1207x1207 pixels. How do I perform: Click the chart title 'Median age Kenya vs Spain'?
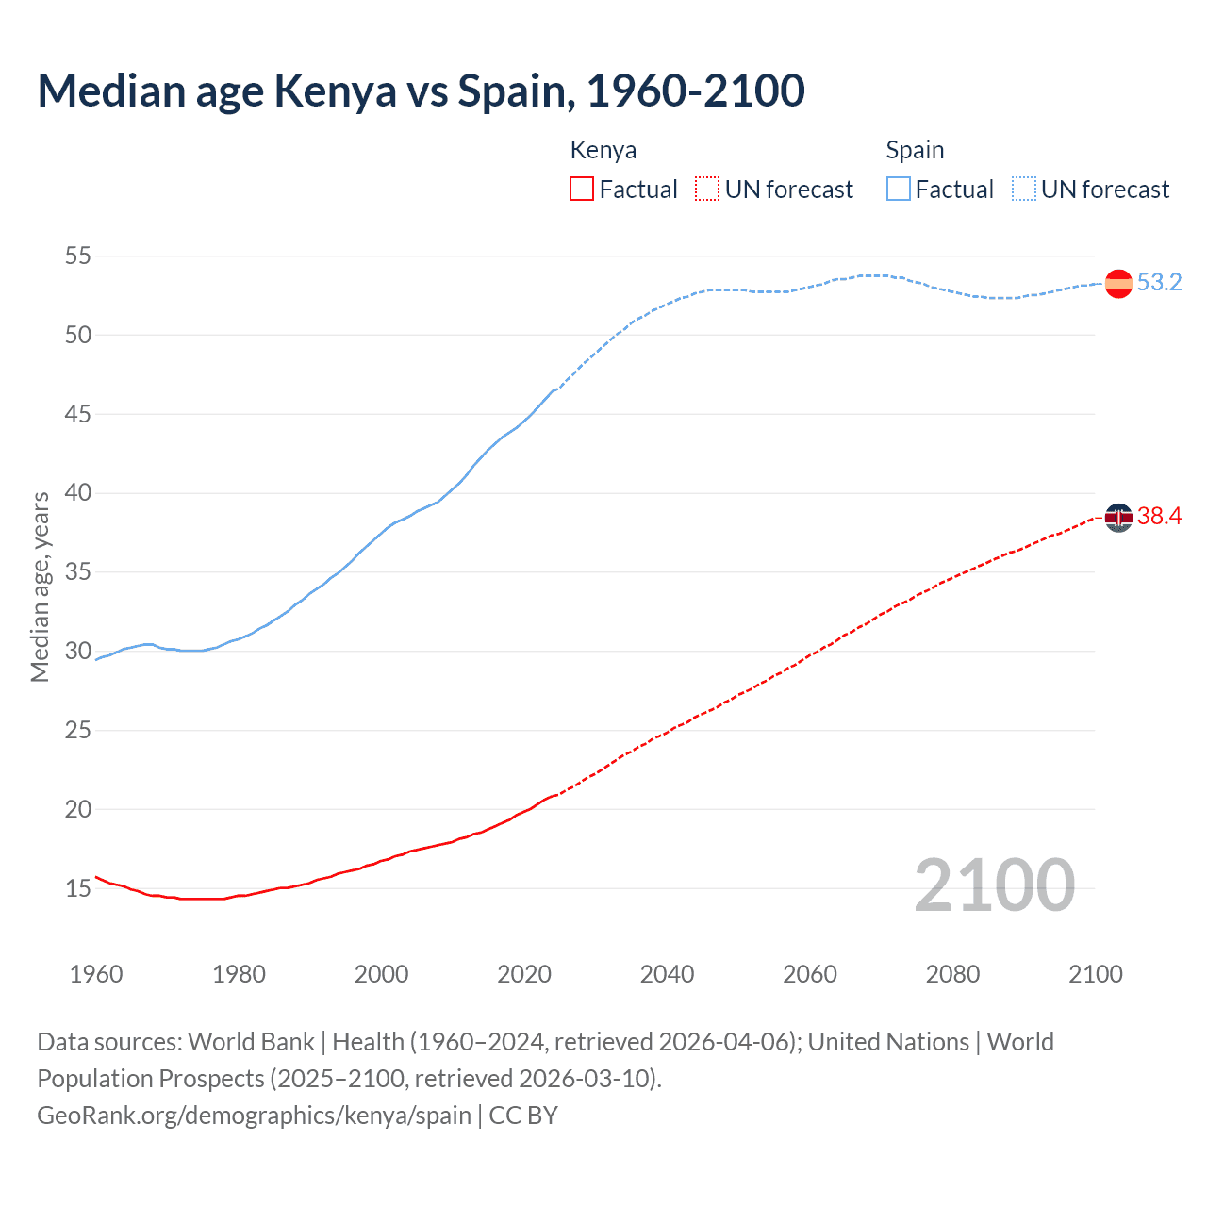[x=421, y=91]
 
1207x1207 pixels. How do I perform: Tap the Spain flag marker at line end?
[x=1118, y=284]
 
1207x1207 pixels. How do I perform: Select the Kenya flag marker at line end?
[x=1118, y=518]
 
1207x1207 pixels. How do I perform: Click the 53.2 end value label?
[x=1159, y=283]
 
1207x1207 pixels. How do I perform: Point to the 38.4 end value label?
[x=1159, y=517]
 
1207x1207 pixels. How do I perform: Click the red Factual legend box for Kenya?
[x=582, y=190]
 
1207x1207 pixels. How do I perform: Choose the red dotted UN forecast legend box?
[x=707, y=190]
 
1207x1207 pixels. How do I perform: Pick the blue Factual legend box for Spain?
[x=899, y=190]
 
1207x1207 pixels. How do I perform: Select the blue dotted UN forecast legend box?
[x=1024, y=190]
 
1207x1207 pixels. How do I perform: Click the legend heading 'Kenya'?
[x=603, y=150]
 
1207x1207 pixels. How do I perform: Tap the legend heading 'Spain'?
[x=915, y=150]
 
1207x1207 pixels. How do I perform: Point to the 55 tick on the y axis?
[x=78, y=256]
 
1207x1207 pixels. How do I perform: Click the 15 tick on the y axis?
[x=78, y=888]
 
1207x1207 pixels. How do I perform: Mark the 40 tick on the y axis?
[x=78, y=493]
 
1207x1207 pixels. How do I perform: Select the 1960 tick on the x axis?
[x=96, y=974]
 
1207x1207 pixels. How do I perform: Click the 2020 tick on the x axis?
[x=524, y=974]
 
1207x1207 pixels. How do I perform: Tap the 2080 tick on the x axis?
[x=952, y=974]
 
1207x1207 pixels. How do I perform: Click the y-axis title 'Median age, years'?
[x=40, y=587]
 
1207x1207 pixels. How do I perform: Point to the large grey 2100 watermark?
[x=994, y=885]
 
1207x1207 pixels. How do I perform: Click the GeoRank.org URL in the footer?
[x=254, y=1116]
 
